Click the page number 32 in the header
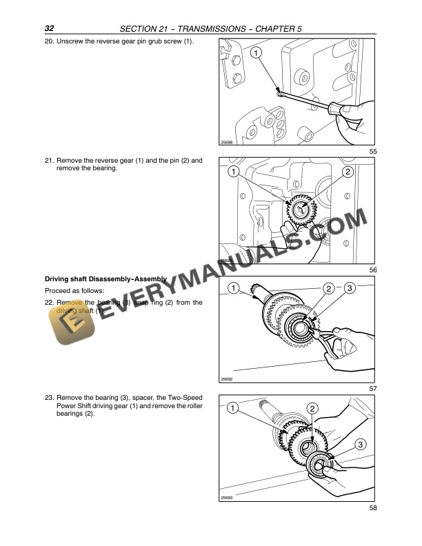coord(50,28)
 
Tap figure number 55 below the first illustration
coord(372,151)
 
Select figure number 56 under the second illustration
coord(372,270)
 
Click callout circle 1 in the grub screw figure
coord(255,53)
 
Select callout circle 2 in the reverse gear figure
coord(347,171)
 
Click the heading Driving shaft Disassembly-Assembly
coord(105,279)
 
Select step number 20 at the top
coord(49,42)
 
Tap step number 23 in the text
coord(49,399)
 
